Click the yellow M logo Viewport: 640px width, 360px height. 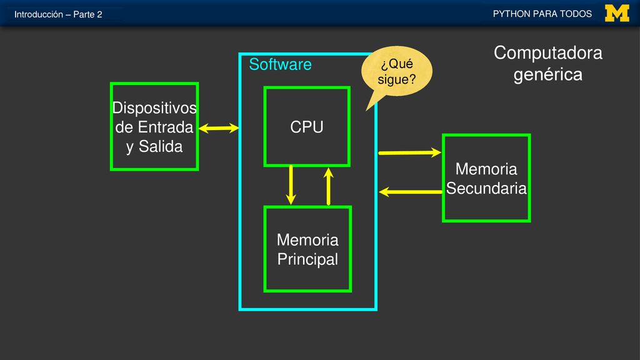click(x=617, y=13)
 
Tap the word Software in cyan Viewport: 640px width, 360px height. click(x=281, y=64)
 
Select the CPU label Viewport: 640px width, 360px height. click(x=307, y=127)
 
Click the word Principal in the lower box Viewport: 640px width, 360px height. click(x=307, y=259)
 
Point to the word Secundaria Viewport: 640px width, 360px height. click(x=486, y=188)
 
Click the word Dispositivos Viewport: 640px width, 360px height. click(x=154, y=107)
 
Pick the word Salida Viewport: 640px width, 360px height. click(x=161, y=146)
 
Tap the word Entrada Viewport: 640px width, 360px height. click(x=165, y=127)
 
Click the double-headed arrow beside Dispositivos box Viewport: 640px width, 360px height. click(x=219, y=128)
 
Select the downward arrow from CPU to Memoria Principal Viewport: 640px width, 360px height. click(x=291, y=185)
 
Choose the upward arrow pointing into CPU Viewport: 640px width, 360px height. click(x=328, y=186)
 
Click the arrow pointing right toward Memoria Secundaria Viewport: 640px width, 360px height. click(x=410, y=152)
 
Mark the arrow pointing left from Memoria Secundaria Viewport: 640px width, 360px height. click(x=410, y=191)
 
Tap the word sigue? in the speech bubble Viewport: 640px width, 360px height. click(x=397, y=79)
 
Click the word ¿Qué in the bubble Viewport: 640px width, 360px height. click(x=397, y=64)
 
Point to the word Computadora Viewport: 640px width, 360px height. click(x=547, y=53)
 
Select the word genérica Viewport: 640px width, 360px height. click(x=547, y=75)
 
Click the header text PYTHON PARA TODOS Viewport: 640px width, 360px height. click(x=542, y=14)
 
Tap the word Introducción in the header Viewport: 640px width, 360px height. click(x=39, y=14)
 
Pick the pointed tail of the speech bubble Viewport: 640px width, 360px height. click(x=367, y=109)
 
